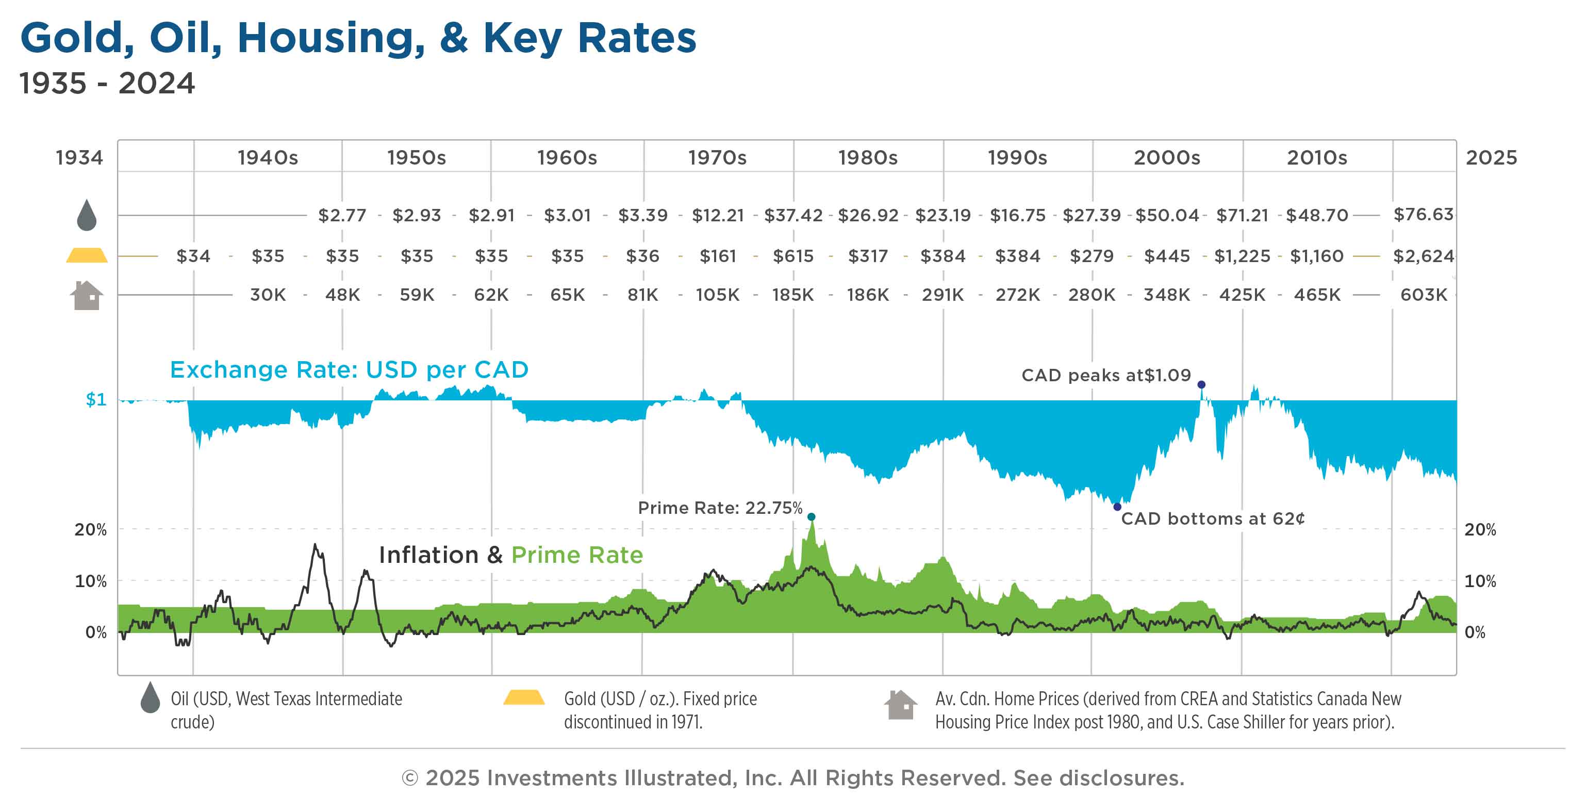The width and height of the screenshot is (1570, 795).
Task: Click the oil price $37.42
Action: pyautogui.click(x=793, y=215)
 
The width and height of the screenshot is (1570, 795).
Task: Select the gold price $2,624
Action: pyautogui.click(x=1423, y=256)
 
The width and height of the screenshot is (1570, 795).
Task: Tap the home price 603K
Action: pyautogui.click(x=1423, y=295)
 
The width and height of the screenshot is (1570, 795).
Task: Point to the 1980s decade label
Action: pyautogui.click(x=867, y=158)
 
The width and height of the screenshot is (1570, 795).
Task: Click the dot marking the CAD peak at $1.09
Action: pyautogui.click(x=1201, y=385)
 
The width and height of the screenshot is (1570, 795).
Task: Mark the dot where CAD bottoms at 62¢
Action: pyautogui.click(x=1117, y=507)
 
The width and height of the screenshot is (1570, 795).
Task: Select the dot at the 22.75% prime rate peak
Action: pyautogui.click(x=811, y=517)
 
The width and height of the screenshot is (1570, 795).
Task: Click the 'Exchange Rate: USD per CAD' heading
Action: pyautogui.click(x=349, y=370)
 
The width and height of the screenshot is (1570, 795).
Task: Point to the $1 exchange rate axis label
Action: pyautogui.click(x=96, y=400)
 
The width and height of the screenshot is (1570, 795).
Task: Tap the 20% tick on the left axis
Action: pyautogui.click(x=90, y=530)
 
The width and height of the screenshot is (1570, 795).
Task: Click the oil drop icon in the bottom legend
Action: pyautogui.click(x=150, y=697)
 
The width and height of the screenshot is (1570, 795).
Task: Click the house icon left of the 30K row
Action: pyautogui.click(x=87, y=296)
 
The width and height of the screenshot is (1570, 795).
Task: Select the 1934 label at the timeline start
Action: pyautogui.click(x=79, y=158)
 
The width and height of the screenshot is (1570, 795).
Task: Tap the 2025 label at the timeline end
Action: pyautogui.click(x=1491, y=158)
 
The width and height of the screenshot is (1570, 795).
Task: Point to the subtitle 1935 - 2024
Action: pyautogui.click(x=107, y=84)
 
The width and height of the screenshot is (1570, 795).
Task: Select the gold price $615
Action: pyautogui.click(x=793, y=256)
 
